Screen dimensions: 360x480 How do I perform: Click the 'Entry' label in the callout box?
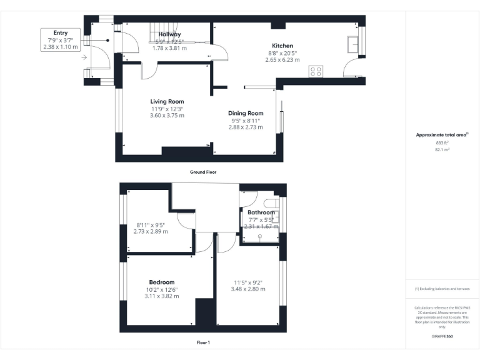click(61, 33)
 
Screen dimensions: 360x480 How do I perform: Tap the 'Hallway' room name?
click(169, 34)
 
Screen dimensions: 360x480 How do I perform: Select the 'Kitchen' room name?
click(282, 46)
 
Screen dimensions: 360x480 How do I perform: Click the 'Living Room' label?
click(167, 101)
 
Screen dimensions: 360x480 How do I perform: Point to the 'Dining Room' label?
click(246, 113)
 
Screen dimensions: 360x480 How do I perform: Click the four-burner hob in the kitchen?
click(316, 71)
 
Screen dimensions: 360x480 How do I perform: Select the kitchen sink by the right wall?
click(354, 44)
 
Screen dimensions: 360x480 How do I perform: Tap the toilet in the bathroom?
click(271, 204)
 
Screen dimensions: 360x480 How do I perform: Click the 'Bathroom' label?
click(261, 212)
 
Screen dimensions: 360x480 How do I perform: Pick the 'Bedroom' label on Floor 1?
click(161, 282)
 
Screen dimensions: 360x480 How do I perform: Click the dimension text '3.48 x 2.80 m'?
click(248, 289)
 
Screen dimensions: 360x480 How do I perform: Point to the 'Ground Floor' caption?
click(203, 171)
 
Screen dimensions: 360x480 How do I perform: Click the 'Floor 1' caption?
click(203, 342)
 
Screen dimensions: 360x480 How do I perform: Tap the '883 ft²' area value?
click(442, 142)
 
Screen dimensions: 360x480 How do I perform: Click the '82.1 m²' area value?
click(442, 150)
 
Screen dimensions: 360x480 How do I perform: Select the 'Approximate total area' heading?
click(441, 134)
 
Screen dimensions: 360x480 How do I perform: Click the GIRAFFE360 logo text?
click(442, 336)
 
